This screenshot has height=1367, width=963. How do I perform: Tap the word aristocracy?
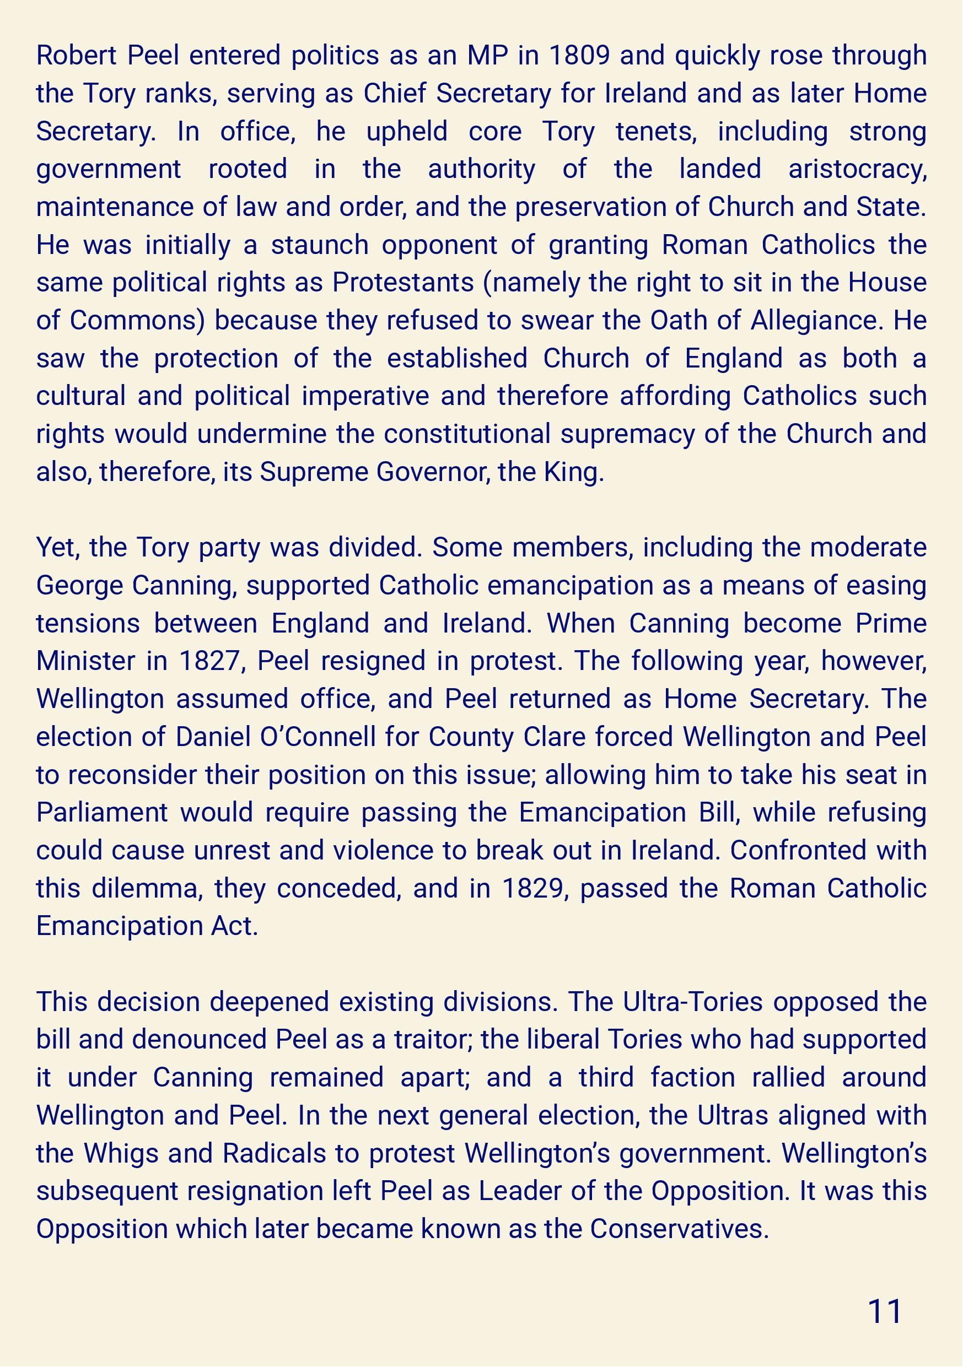858,170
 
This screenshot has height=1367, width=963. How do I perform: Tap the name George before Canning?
79,586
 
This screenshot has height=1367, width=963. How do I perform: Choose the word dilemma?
147,889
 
